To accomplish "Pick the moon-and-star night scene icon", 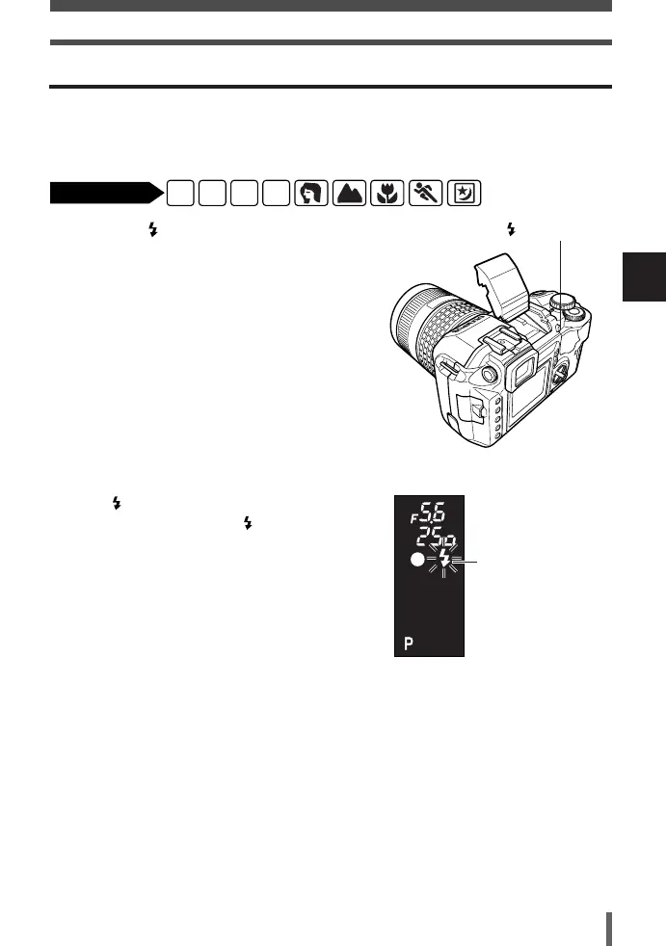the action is [464, 194].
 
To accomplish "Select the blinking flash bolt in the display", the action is [444, 563].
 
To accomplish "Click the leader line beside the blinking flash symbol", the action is [473, 563].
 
